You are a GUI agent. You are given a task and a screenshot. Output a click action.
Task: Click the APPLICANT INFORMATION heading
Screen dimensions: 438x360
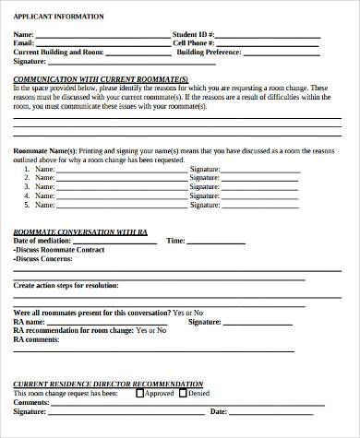(x=58, y=17)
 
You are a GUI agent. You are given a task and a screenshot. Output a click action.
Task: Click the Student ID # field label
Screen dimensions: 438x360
(x=194, y=34)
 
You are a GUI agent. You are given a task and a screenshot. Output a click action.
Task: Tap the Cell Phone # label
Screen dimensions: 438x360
(x=194, y=42)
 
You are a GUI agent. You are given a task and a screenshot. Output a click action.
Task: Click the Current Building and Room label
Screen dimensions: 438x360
(x=56, y=52)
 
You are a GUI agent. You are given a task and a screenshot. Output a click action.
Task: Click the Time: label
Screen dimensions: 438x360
(x=175, y=240)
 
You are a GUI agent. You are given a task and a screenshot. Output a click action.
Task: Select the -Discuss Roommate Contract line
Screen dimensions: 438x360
(x=55, y=250)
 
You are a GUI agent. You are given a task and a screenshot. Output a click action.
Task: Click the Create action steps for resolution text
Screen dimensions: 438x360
(x=70, y=286)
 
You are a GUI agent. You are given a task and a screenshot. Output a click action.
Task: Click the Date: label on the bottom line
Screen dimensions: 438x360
(x=219, y=411)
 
